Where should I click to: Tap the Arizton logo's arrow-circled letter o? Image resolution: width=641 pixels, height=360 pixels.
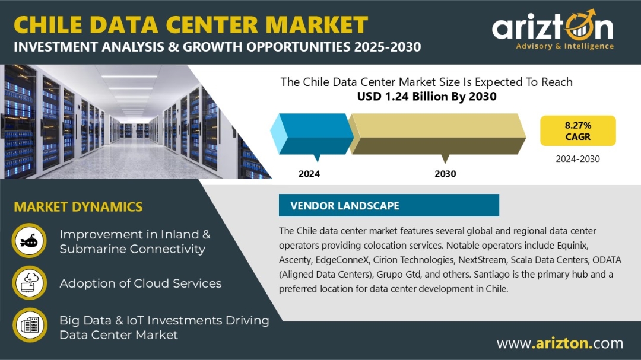point(580,27)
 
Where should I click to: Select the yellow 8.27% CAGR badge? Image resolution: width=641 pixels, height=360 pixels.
point(577,130)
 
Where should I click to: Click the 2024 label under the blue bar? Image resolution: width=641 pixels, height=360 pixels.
point(309,174)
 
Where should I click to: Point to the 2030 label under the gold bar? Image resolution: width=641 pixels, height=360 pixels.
point(445,174)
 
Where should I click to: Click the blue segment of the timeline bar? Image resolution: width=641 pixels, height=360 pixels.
point(312,134)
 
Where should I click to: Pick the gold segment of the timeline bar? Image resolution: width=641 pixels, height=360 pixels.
point(437,134)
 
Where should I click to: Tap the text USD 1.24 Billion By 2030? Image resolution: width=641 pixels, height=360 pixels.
point(427,97)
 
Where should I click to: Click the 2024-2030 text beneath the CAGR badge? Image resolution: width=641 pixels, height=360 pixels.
point(577,159)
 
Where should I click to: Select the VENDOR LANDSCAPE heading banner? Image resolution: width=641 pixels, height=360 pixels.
point(389,205)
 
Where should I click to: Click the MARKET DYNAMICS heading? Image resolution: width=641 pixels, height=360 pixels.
point(78,207)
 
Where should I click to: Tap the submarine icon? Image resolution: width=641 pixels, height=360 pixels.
point(29,241)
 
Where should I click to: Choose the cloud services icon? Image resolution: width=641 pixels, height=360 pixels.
point(29,283)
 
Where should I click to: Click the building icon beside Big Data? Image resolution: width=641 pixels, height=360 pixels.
point(30,325)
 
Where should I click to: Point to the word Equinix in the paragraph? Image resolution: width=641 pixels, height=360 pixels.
point(572,246)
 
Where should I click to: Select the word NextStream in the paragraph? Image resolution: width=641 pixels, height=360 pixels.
point(483,260)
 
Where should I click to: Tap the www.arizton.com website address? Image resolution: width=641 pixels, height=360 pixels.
point(560,343)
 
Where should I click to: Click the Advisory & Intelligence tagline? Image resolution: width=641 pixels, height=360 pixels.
point(564,46)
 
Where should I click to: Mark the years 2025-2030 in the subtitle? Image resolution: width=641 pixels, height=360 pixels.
point(388,47)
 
